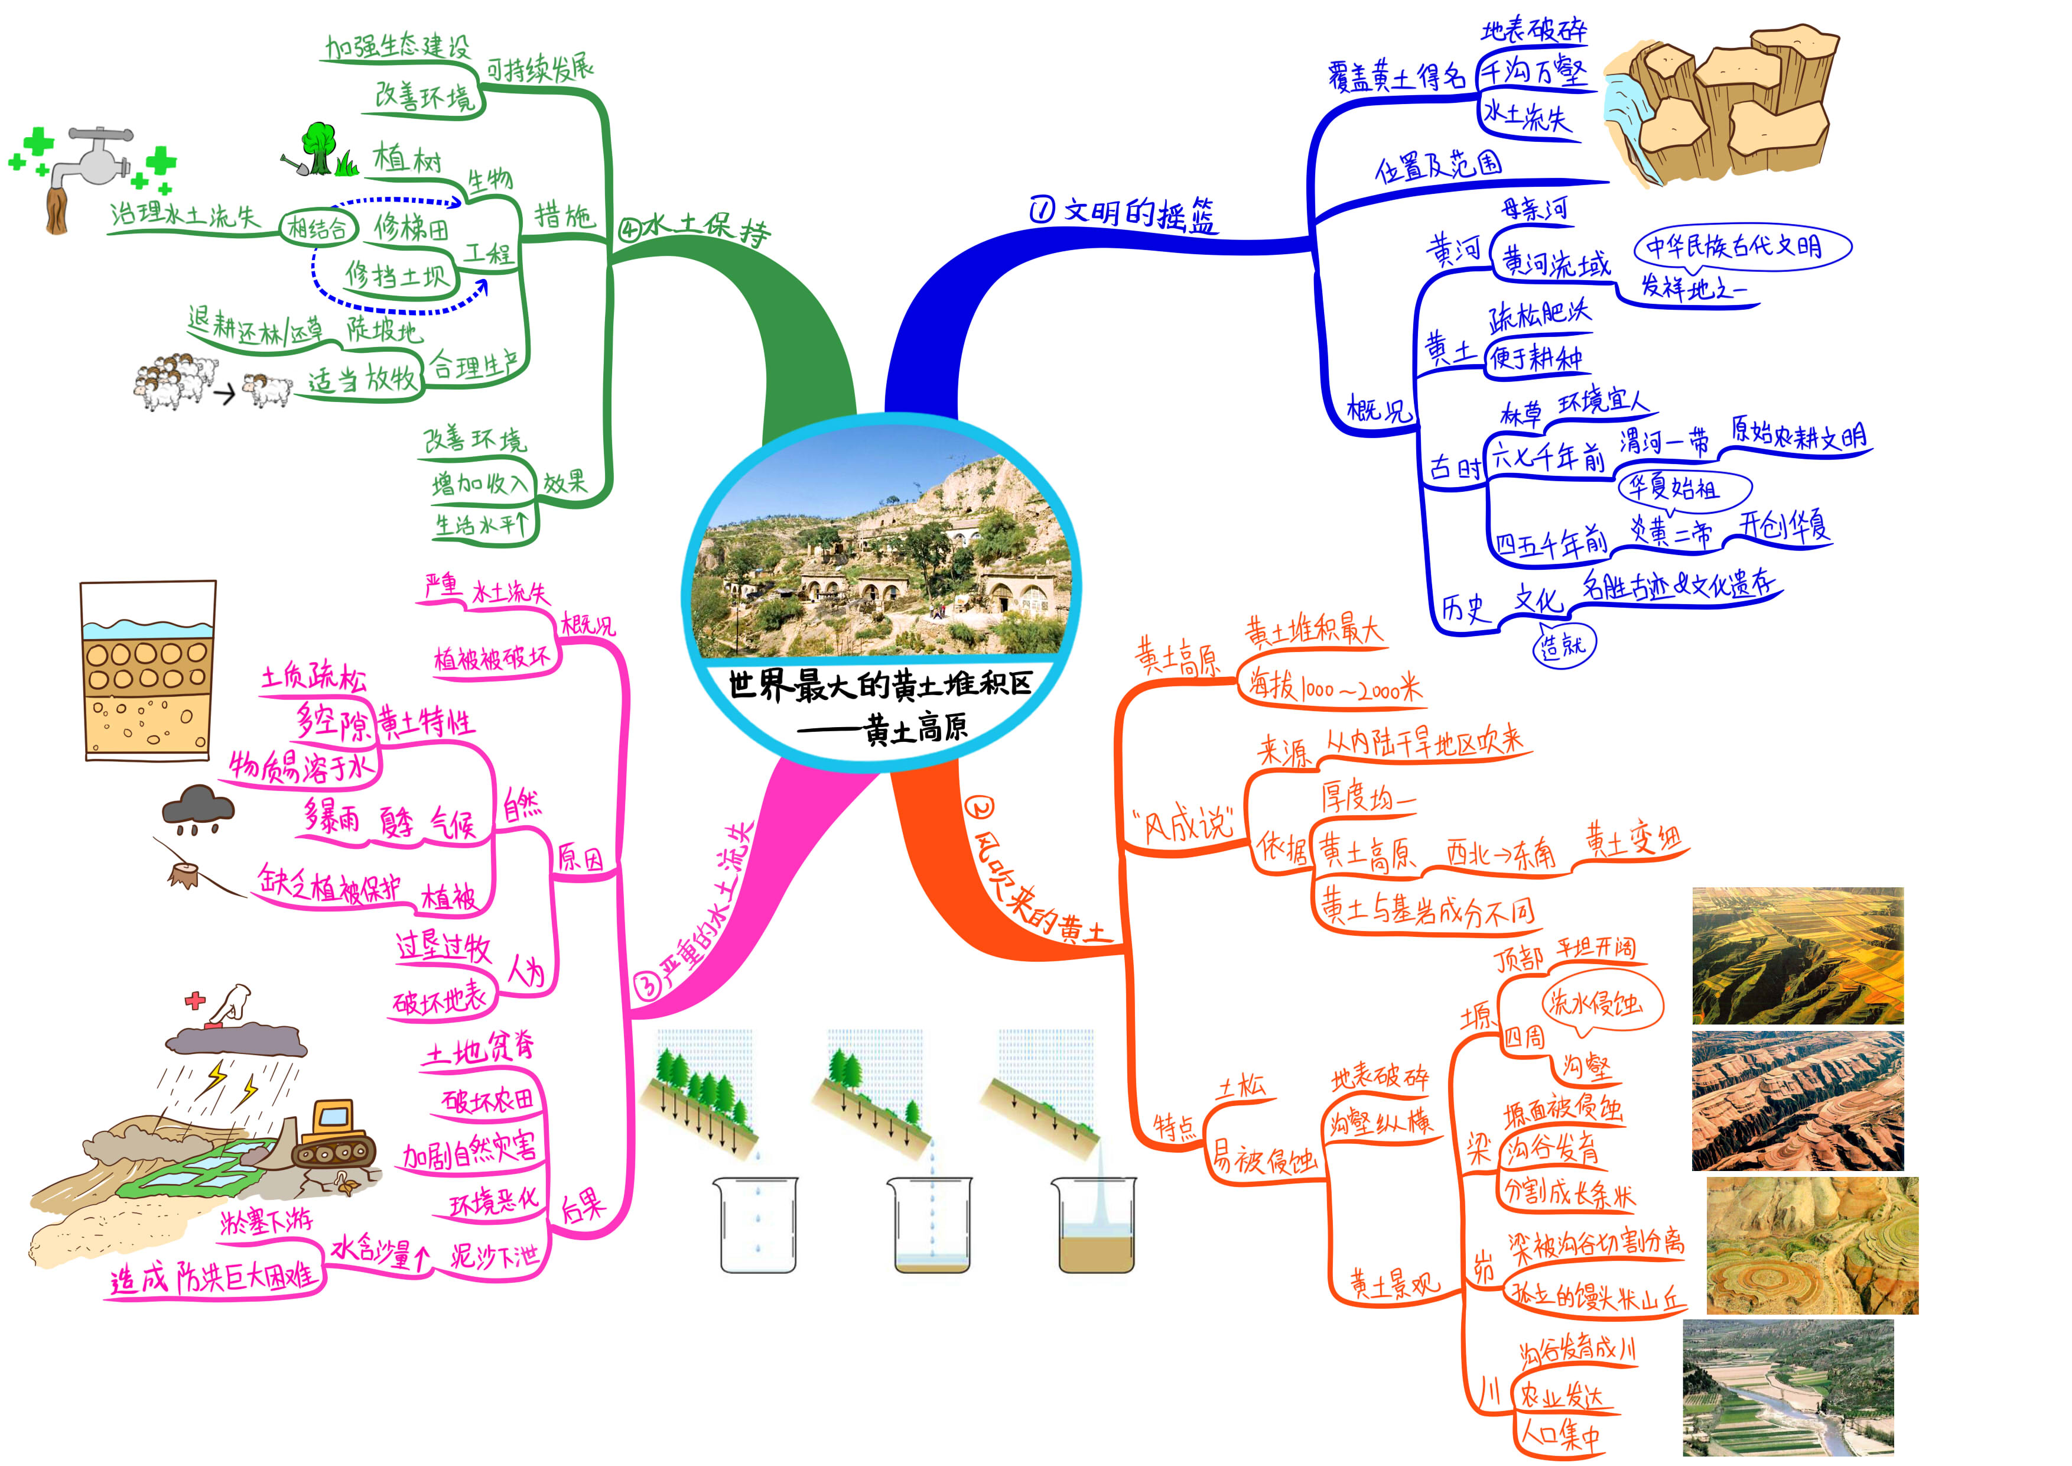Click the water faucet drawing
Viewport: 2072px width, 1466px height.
click(86, 171)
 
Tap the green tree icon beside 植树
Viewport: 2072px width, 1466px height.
click(318, 147)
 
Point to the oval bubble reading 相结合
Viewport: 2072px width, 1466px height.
click(318, 228)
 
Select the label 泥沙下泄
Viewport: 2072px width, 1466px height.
click(495, 1256)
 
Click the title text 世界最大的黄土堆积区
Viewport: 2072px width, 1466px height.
click(879, 685)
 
